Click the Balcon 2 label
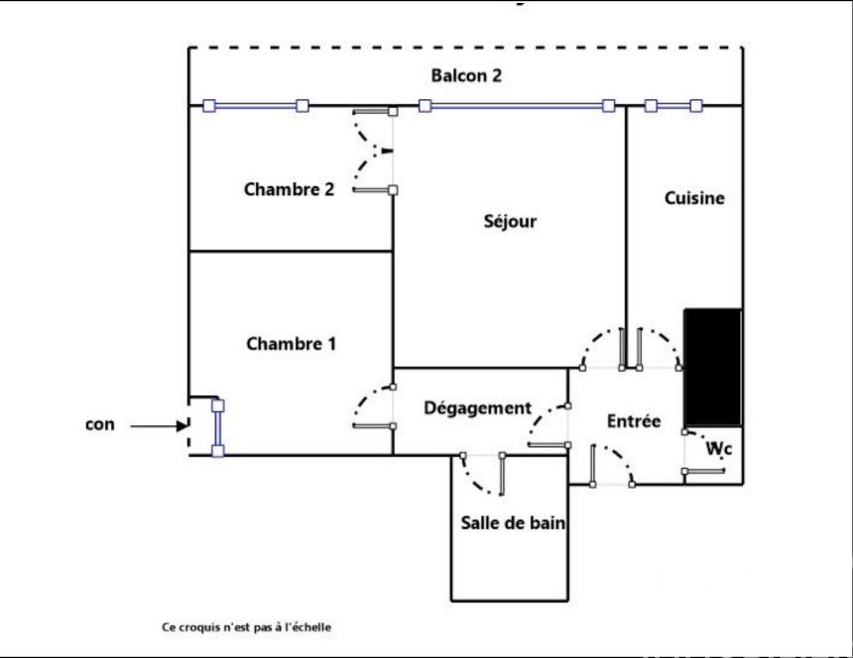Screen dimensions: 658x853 click(465, 76)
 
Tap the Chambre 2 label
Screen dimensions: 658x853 click(289, 189)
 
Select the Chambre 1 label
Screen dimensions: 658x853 click(291, 345)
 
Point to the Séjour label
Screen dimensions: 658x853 click(510, 221)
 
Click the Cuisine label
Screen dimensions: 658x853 click(694, 198)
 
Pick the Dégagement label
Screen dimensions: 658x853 click(477, 408)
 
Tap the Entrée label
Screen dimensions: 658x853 click(634, 421)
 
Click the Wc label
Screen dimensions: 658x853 click(719, 450)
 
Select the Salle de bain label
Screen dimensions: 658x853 click(513, 523)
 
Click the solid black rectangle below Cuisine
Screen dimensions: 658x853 click(713, 365)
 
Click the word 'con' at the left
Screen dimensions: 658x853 click(100, 425)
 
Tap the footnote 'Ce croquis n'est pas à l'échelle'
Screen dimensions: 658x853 click(247, 627)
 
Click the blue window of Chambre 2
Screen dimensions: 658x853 click(256, 106)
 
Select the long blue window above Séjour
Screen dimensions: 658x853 click(516, 105)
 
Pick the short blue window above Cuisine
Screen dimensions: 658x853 click(673, 105)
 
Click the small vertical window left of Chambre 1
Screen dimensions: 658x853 click(218, 428)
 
